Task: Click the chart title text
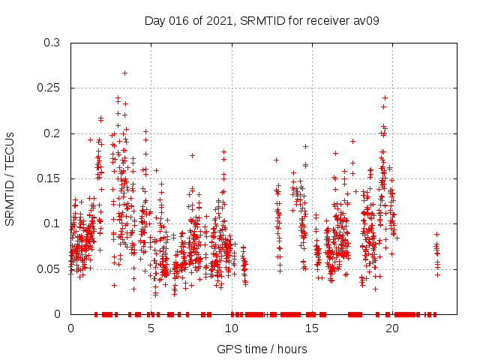tap(262, 20)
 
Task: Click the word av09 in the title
tap(366, 20)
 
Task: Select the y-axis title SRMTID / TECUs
tap(10, 178)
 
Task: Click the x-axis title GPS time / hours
tap(262, 349)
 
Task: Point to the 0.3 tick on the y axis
tap(52, 43)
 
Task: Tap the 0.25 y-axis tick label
tap(49, 88)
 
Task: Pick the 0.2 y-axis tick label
tap(52, 133)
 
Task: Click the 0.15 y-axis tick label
tap(49, 178)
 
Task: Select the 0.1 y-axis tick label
tap(52, 223)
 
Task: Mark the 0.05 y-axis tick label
tap(49, 268)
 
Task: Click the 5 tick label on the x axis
tap(151, 328)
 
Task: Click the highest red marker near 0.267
tap(124, 73)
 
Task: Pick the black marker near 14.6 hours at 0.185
tap(305, 146)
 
